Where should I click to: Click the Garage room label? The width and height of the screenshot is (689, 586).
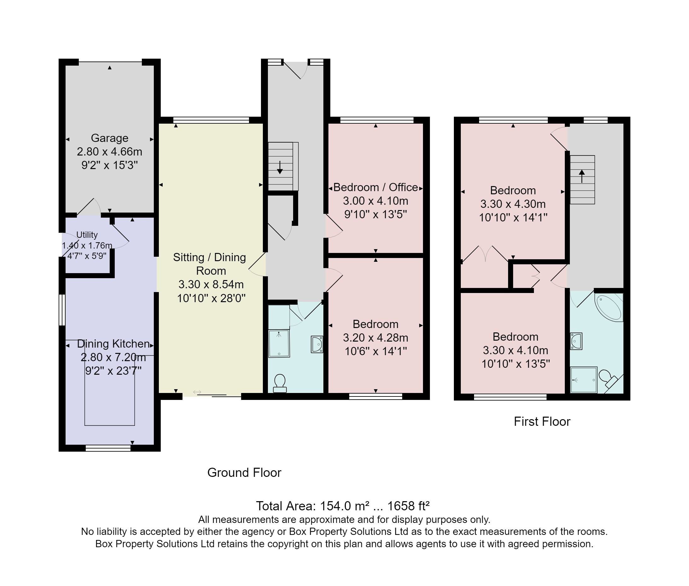click(x=109, y=138)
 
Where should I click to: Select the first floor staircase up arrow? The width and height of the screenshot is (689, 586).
click(x=582, y=176)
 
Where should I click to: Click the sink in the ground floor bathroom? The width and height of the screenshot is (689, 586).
click(x=317, y=344)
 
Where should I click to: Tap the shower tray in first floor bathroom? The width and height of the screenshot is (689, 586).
click(x=583, y=380)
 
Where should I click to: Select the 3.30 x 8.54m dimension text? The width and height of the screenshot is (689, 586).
click(x=211, y=284)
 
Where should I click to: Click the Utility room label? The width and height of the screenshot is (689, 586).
click(x=87, y=235)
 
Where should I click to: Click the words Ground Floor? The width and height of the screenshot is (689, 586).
click(x=244, y=472)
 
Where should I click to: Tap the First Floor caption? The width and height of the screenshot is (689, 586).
click(x=542, y=421)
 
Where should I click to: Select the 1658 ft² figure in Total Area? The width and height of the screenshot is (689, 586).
click(x=408, y=506)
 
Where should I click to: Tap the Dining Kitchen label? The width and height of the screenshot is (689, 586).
click(x=113, y=343)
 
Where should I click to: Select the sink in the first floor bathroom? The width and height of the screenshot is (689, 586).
click(x=576, y=341)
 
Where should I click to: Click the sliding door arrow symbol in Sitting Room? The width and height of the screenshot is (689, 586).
click(x=197, y=392)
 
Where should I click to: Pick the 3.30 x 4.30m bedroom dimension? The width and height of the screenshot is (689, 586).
click(x=513, y=204)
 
